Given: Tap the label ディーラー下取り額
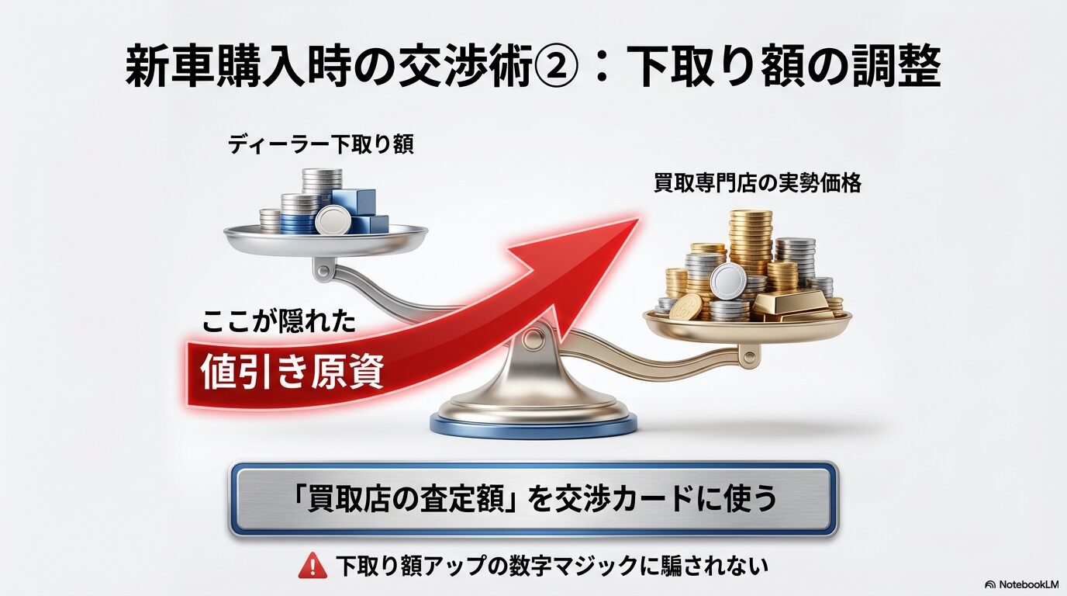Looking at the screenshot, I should point(320,145).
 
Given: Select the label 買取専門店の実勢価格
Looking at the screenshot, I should point(757,185).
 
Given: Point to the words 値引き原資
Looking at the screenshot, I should point(292,373).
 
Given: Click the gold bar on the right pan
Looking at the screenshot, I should point(790,307).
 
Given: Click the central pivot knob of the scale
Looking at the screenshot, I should point(533,337).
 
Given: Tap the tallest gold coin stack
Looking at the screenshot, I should point(751,241).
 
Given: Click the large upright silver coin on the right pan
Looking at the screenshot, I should point(728,280).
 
